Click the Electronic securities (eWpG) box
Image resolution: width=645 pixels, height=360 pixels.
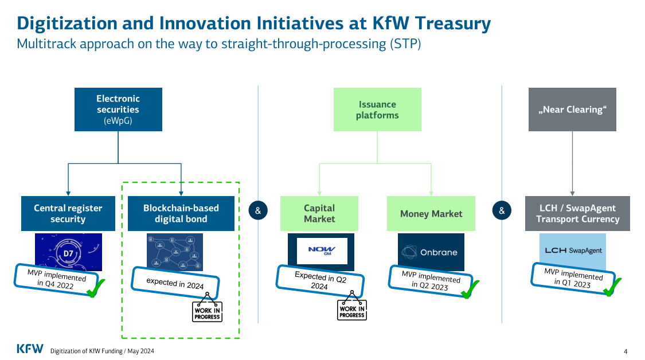[x=118, y=109]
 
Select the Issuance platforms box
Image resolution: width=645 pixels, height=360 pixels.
[x=377, y=109]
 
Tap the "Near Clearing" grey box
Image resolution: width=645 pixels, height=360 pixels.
[x=572, y=109]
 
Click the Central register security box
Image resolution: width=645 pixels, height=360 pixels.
[x=68, y=213]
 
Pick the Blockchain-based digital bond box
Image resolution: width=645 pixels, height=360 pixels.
[x=181, y=213]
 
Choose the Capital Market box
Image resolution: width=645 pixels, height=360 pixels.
[x=319, y=213]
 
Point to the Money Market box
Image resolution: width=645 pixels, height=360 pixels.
[x=431, y=213]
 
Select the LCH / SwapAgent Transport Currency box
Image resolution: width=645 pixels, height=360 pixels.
[x=577, y=213]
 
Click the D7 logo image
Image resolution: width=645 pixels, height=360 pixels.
[x=68, y=251]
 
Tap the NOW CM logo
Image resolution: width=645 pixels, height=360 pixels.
[x=321, y=251]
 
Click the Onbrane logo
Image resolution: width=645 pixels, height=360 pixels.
[x=431, y=252]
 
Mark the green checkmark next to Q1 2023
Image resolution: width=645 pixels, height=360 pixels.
[x=612, y=286]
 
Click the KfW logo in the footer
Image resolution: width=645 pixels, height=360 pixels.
[x=29, y=349]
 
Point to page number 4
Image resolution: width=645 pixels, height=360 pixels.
[x=626, y=351]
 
